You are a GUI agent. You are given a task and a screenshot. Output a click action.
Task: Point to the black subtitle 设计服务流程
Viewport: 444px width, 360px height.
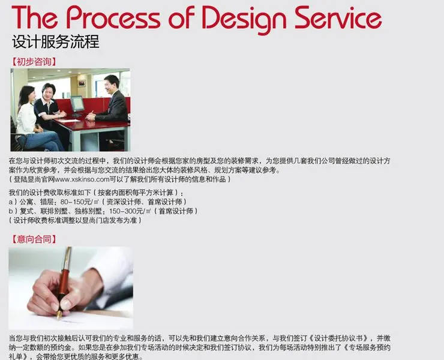55,42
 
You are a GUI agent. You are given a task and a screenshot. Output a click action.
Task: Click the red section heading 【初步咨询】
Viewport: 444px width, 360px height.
34,61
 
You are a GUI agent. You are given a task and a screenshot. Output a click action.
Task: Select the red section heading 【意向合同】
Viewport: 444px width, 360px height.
34,239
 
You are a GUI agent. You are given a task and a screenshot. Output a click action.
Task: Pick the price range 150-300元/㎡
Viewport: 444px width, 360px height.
130,211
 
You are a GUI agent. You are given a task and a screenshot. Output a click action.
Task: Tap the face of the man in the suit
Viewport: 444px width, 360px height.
111,84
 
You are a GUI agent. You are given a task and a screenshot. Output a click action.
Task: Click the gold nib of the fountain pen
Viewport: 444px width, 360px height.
58,314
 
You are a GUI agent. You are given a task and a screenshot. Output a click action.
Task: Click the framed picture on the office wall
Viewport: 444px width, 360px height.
81,83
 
